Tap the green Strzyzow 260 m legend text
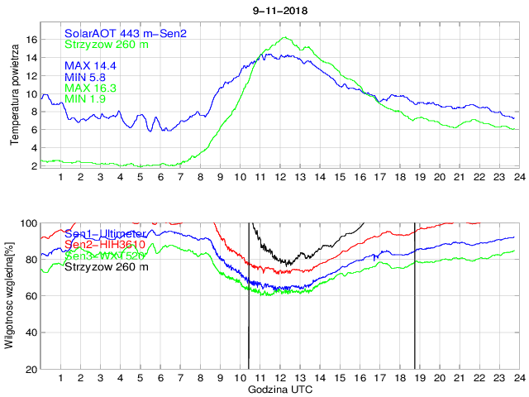point(107,44)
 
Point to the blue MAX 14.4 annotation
point(90,65)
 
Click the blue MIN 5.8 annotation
point(87,76)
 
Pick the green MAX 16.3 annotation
point(90,88)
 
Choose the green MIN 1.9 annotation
point(87,99)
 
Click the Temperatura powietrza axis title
point(14,96)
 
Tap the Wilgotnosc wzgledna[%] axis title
point(11,295)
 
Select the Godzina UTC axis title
point(279,389)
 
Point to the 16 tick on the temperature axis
point(32,40)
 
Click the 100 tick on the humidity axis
point(29,223)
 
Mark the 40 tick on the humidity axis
point(32,332)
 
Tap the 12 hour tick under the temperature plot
point(280,176)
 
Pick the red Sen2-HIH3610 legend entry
point(105,245)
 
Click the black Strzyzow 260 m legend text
point(107,267)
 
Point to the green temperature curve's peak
point(285,37)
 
